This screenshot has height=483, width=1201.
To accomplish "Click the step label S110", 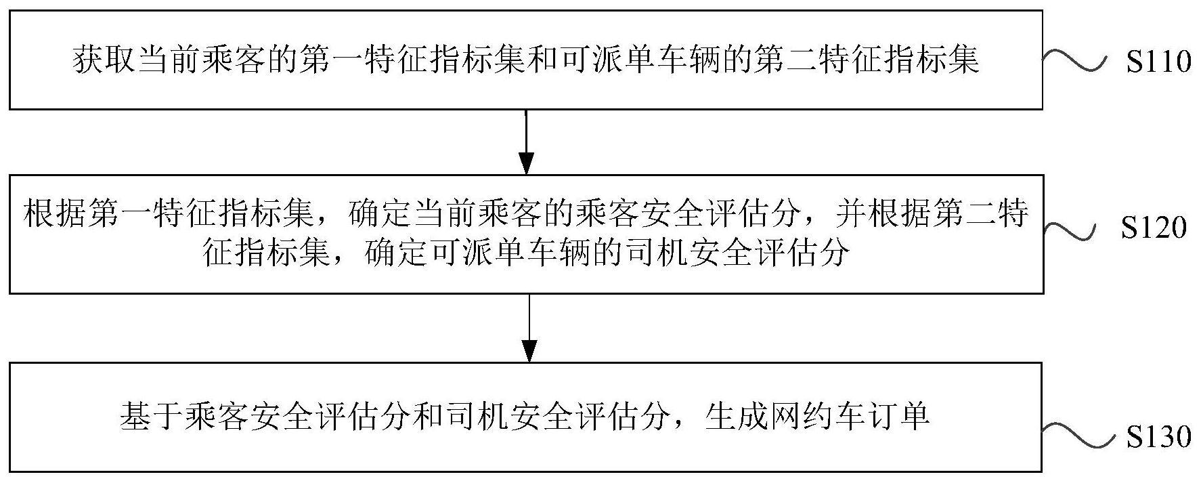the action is coord(1158,62).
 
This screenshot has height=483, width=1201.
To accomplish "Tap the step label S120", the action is coord(1154,228).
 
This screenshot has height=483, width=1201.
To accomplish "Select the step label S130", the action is coord(1158,437).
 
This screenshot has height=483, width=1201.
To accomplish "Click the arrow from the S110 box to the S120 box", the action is coord(526,142).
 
